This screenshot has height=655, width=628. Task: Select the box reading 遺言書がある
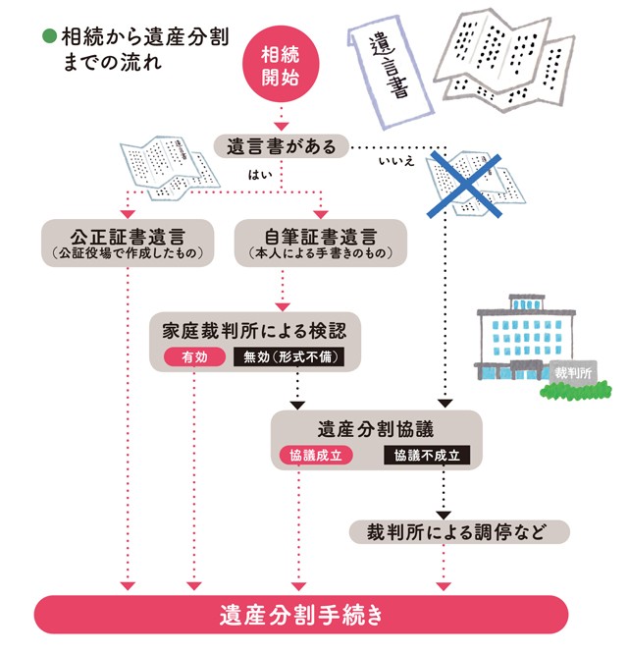[282, 147]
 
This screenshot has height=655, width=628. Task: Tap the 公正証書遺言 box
[129, 241]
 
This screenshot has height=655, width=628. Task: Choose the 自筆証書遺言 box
[321, 241]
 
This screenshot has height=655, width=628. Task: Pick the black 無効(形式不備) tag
[289, 357]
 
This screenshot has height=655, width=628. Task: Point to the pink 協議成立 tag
[312, 456]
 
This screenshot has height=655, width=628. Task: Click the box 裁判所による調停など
[459, 532]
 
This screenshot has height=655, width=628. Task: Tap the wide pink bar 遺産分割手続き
[300, 617]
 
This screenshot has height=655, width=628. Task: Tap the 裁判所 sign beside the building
[572, 374]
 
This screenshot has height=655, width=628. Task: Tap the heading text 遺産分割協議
[376, 429]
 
